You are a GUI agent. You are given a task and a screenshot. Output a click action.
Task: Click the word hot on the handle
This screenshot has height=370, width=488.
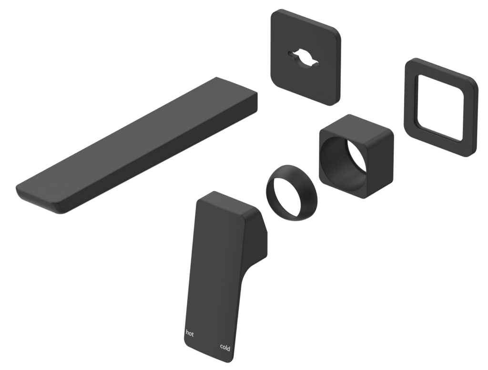[x=190, y=334]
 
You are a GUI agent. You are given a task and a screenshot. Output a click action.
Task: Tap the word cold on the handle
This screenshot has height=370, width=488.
[x=225, y=348]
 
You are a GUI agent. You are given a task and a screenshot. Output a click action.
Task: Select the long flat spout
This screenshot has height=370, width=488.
[x=138, y=143]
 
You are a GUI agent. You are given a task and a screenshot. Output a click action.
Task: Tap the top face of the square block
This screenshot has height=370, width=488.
[x=357, y=129]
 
